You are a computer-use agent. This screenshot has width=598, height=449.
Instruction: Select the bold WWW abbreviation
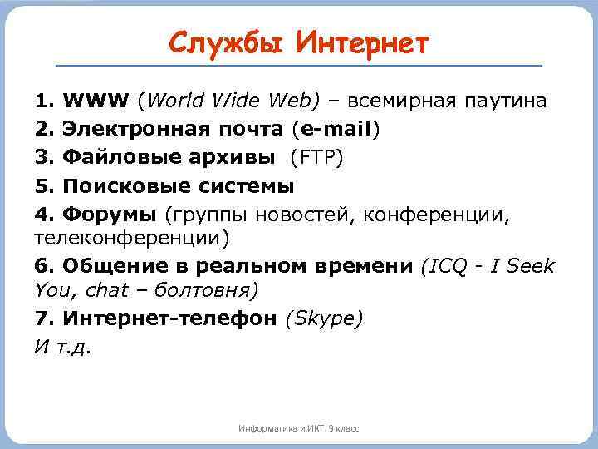pyautogui.click(x=95, y=101)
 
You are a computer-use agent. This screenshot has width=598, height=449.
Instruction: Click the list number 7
pyautogui.click(x=42, y=318)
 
